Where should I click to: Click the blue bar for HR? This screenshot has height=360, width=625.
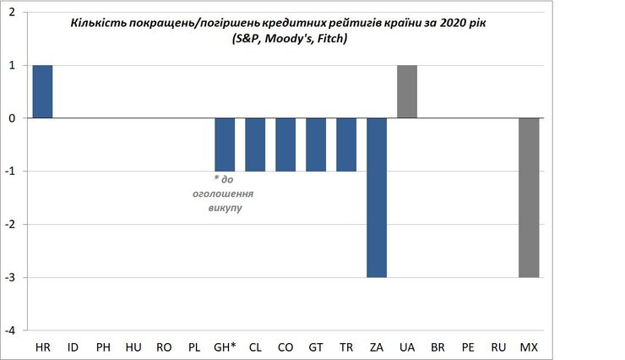[42, 91]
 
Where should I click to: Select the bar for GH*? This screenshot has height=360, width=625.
[225, 145]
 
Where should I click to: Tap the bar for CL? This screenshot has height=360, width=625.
[255, 145]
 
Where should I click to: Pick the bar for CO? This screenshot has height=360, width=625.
[285, 145]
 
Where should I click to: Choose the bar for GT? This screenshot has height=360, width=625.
[316, 145]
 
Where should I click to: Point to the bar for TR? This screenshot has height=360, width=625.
[346, 145]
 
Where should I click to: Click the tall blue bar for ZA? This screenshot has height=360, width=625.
[377, 197]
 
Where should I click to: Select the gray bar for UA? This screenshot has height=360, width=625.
[407, 91]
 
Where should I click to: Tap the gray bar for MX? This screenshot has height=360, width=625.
[529, 197]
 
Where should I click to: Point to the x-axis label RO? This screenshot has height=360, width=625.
[164, 347]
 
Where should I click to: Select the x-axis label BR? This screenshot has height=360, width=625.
[437, 347]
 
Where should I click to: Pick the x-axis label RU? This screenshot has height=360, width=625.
[498, 347]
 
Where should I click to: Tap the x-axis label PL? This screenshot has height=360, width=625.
[194, 347]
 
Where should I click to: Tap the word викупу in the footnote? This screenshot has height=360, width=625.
[225, 207]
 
